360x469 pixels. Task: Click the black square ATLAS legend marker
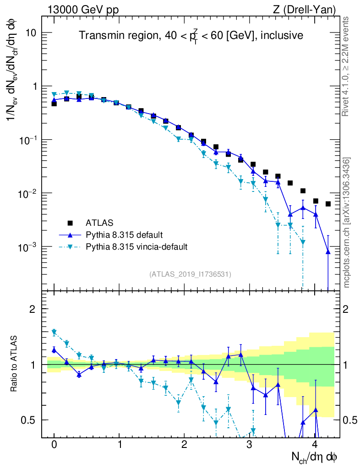(70, 223)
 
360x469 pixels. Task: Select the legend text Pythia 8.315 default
(124, 235)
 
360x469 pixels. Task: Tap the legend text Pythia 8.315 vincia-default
(136, 247)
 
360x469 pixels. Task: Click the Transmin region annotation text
(191, 36)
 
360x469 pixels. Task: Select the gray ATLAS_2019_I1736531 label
(190, 274)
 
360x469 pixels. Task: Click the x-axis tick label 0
(54, 445)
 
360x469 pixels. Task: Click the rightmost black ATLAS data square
(328, 204)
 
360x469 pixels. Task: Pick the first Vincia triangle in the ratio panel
(54, 332)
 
